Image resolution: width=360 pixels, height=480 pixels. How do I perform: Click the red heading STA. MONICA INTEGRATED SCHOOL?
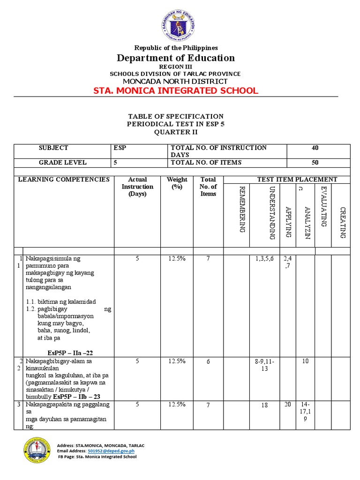[176, 90]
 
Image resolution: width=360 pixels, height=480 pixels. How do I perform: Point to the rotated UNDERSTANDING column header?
[271, 212]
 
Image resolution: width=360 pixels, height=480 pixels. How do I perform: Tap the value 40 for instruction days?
[315, 148]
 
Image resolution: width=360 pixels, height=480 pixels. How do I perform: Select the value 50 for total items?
[315, 163]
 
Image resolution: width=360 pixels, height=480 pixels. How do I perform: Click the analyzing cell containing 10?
[305, 361]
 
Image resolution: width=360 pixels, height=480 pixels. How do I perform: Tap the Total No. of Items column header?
[208, 187]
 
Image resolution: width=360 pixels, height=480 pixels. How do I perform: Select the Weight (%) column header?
[177, 183]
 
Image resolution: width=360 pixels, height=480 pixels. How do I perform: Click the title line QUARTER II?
[176, 132]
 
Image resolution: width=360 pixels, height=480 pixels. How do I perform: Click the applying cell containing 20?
[287, 404]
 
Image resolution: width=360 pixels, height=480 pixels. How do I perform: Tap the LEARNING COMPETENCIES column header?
[64, 180]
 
